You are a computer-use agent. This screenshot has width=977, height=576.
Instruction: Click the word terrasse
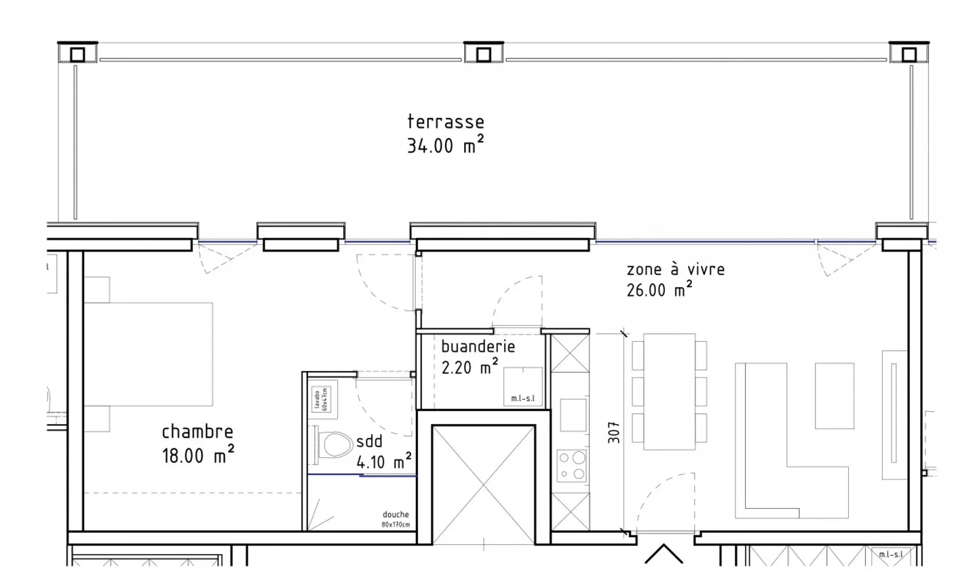pos(446,122)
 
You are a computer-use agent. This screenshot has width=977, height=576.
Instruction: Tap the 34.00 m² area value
pos(445,145)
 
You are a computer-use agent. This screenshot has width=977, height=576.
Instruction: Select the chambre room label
pos(197,431)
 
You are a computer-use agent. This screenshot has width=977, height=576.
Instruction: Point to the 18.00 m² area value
pos(197,455)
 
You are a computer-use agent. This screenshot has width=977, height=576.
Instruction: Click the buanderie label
pos(478,347)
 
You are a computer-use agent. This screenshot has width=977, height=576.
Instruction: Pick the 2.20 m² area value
pos(470,368)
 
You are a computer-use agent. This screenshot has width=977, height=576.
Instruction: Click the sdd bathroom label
pos(369,442)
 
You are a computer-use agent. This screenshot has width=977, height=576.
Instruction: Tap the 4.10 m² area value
pos(384,463)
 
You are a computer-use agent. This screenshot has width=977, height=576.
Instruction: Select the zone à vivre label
pos(675,269)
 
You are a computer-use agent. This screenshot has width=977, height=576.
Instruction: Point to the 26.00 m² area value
pos(659,290)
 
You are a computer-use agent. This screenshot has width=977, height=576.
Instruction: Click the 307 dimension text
pos(614,433)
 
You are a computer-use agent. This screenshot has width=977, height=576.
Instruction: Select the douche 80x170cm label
pos(396,520)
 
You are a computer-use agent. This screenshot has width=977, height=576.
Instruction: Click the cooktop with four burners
pos(571,465)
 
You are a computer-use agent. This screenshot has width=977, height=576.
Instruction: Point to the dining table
pos(669,391)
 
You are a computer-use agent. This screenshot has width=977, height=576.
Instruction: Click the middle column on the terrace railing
pos(484,54)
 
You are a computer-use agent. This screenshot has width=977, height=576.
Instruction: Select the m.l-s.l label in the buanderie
pos(523,398)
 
